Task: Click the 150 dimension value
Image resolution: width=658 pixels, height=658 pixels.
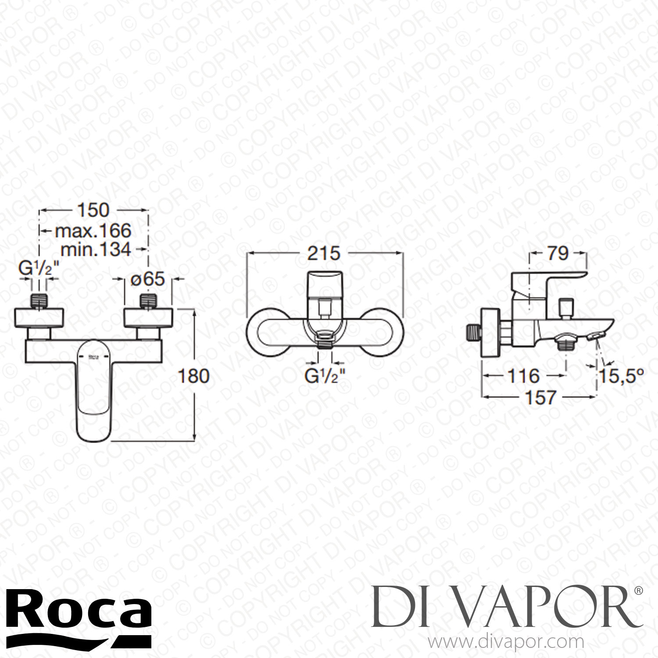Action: tap(93, 210)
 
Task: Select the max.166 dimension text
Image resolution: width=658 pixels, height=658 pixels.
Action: tap(93, 230)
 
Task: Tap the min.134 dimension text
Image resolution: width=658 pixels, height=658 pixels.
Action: tap(96, 249)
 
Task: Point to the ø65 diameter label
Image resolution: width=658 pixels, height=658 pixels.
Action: tap(148, 279)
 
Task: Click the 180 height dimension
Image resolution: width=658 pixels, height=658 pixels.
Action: tap(194, 376)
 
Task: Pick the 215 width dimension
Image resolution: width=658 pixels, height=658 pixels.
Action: tap(324, 254)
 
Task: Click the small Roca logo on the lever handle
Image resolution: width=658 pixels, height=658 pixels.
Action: tap(94, 357)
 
